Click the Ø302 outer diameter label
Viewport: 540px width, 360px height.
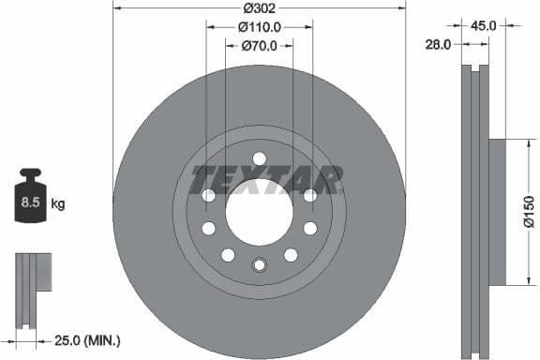[x=260, y=7]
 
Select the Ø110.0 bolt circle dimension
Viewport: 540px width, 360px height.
[x=260, y=26]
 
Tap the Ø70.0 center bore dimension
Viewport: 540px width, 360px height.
[x=260, y=45]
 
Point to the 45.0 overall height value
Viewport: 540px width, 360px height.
[x=483, y=26]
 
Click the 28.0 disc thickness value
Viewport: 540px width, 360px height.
[x=438, y=44]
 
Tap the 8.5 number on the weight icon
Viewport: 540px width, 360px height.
[x=30, y=201]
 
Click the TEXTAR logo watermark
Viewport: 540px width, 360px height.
[x=266, y=177]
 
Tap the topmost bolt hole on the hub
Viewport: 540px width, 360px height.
[x=259, y=157]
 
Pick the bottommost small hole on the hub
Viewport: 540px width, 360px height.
[x=259, y=265]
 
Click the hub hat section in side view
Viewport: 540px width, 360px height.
[x=497, y=212]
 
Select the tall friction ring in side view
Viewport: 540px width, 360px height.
[x=476, y=212]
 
